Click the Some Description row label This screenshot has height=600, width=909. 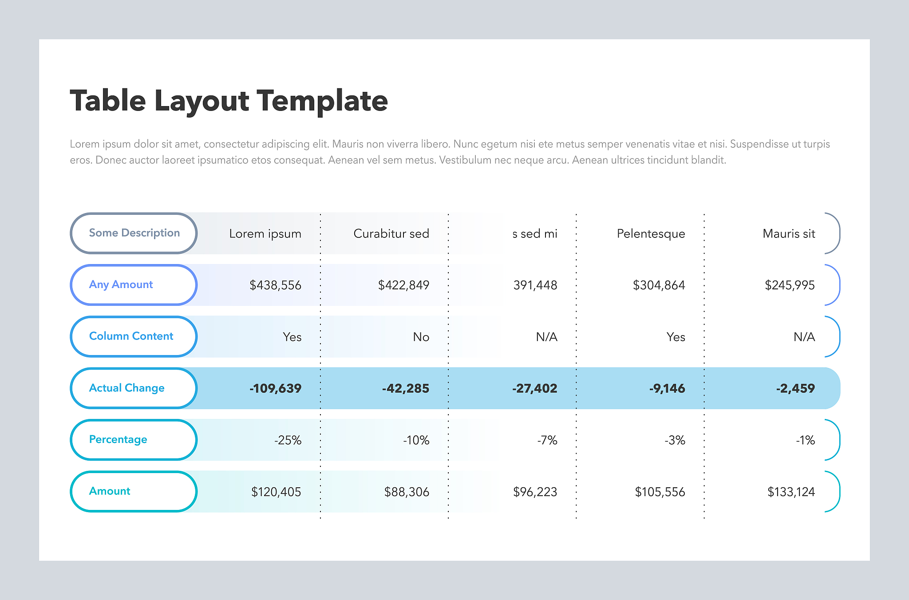click(x=134, y=233)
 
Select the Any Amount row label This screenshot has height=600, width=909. click(x=121, y=284)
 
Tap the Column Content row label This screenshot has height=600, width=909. click(x=131, y=336)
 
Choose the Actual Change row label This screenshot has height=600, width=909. click(x=126, y=388)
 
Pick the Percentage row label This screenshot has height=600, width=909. click(x=118, y=439)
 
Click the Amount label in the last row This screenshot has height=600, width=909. click(x=110, y=491)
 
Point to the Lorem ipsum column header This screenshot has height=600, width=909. click(x=265, y=234)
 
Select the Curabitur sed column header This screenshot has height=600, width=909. click(x=391, y=233)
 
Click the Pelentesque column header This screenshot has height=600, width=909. click(x=651, y=234)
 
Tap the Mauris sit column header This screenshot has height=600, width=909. click(x=789, y=233)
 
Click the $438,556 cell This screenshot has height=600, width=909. click(x=275, y=285)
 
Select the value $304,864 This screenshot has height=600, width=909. click(x=659, y=285)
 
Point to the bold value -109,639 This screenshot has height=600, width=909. click(x=275, y=388)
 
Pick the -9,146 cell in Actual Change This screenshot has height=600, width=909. click(x=667, y=388)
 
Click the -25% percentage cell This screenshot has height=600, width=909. click(x=288, y=440)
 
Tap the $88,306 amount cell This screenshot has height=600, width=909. click(x=407, y=492)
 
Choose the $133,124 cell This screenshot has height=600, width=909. click(x=791, y=492)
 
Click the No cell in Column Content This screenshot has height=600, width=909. click(x=421, y=337)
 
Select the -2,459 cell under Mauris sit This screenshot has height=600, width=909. click(x=795, y=388)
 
